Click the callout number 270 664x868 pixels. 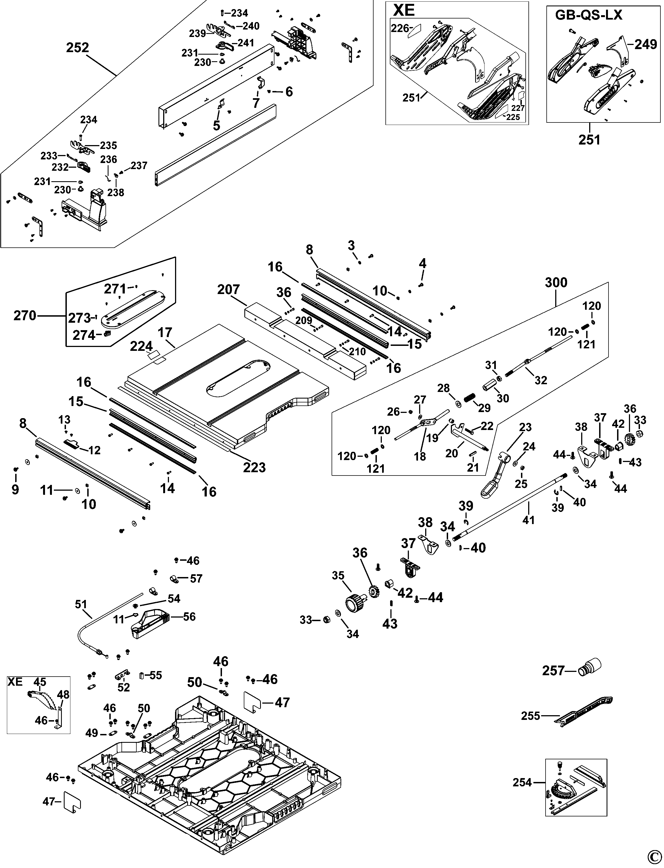pyautogui.click(x=25, y=316)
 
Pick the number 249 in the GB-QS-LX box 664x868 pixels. pyautogui.click(x=646, y=44)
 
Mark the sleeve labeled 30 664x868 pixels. pyautogui.click(x=489, y=384)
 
